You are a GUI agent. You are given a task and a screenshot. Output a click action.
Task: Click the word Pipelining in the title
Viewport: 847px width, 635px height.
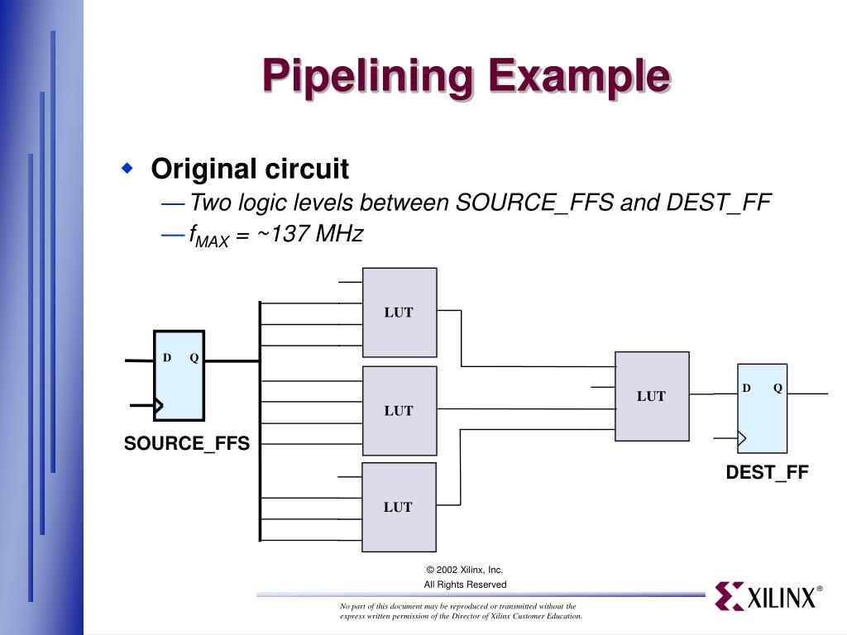point(367,76)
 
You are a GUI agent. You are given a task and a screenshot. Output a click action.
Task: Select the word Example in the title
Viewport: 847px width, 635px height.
point(580,76)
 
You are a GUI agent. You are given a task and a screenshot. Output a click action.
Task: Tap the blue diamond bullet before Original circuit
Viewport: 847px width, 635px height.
point(127,168)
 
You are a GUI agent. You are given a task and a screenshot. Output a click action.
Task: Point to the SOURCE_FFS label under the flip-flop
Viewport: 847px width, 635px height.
point(187,443)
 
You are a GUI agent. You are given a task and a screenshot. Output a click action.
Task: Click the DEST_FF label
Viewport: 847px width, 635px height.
point(767,472)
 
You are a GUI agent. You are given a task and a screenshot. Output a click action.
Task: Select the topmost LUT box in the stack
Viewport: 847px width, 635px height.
point(400,312)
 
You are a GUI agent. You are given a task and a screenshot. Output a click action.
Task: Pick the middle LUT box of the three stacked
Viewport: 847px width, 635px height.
point(400,410)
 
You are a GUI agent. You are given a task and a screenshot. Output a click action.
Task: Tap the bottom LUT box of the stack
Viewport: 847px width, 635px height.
point(399,507)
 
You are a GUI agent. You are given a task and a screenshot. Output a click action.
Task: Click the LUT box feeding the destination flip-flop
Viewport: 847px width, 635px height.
point(652,396)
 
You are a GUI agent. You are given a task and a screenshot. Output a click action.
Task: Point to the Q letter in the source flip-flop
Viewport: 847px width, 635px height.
point(194,357)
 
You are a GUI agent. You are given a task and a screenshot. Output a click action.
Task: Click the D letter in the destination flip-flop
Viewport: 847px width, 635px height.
point(747,388)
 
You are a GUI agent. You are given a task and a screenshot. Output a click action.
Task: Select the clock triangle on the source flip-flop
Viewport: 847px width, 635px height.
point(159,405)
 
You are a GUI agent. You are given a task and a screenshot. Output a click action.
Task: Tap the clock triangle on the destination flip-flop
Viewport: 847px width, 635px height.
point(742,438)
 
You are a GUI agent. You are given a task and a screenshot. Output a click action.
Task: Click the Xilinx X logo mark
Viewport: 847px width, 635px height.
point(730,596)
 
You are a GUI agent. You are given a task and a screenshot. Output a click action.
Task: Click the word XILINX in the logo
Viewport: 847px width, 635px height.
point(781,598)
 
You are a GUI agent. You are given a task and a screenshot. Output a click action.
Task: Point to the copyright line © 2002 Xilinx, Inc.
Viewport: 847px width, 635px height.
point(465,570)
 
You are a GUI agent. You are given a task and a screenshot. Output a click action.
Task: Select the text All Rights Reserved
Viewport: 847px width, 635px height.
point(465,585)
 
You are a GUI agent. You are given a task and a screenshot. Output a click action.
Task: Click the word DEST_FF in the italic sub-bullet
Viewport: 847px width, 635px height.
point(719,203)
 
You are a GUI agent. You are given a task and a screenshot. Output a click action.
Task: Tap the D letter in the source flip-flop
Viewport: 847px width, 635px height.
point(167,357)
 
